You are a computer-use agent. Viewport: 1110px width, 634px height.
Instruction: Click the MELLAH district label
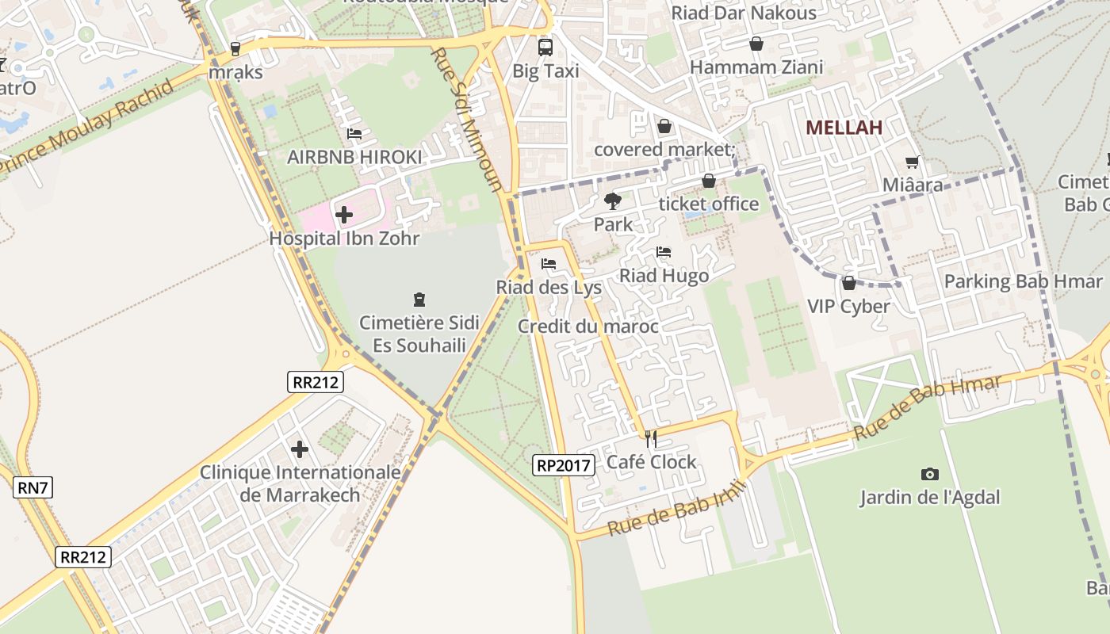click(844, 128)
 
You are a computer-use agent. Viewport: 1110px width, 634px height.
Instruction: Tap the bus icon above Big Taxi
click(545, 47)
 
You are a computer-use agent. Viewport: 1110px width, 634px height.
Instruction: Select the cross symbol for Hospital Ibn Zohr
click(344, 214)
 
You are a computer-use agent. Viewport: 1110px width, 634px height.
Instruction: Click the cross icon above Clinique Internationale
click(300, 449)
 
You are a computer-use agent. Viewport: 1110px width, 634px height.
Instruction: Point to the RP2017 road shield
click(564, 465)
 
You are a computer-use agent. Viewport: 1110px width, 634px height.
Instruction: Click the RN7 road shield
click(33, 487)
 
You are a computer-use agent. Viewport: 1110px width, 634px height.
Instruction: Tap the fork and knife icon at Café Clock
click(651, 438)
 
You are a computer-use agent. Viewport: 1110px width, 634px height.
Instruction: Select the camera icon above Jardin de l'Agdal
click(930, 474)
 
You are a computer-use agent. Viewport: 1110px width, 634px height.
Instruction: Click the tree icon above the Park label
click(612, 201)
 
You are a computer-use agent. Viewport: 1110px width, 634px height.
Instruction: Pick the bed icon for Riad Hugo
click(664, 252)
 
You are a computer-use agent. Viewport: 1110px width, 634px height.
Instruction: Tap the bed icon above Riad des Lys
click(549, 264)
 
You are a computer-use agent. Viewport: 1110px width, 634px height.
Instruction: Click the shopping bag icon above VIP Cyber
click(848, 283)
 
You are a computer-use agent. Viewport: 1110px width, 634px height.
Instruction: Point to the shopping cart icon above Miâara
click(913, 162)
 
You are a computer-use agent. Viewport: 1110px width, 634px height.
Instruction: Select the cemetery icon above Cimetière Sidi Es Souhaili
click(419, 300)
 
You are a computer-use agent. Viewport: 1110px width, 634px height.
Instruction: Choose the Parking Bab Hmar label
click(1023, 281)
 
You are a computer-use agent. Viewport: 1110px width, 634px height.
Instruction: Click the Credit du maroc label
click(588, 327)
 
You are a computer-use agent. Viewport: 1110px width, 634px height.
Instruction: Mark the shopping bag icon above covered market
click(664, 127)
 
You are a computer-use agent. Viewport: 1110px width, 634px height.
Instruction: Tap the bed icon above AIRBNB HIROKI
click(354, 134)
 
